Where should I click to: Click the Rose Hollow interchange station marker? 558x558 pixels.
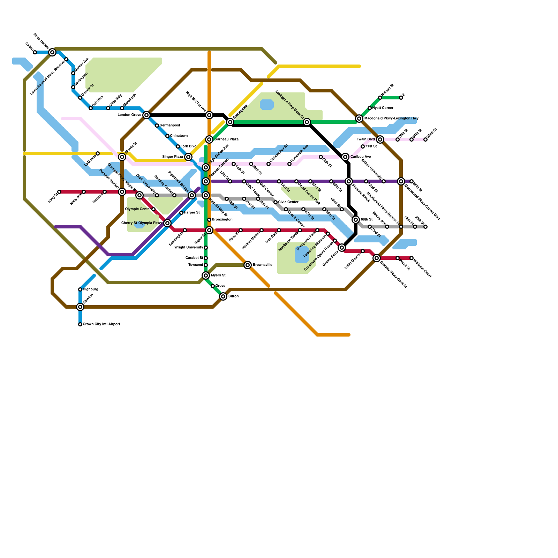[52, 52]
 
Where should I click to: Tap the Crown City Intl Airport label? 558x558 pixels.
[101, 324]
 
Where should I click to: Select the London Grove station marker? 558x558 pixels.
[146, 115]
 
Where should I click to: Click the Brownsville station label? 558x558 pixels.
[262, 265]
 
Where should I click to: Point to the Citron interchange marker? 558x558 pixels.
[223, 296]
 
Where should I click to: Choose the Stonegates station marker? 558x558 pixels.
[230, 122]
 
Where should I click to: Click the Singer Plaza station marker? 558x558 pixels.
[188, 157]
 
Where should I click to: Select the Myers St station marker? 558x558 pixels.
[206, 276]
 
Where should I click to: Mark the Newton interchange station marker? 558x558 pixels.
[80, 307]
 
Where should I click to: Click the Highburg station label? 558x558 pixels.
[91, 289]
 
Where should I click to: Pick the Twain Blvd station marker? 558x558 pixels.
[380, 139]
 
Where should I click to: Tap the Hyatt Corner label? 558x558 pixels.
[383, 108]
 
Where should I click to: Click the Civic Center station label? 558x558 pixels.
[288, 202]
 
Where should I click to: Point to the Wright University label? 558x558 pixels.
[189, 248]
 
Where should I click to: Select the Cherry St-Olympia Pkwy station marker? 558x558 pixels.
[167, 223]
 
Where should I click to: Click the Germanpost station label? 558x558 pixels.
[170, 126]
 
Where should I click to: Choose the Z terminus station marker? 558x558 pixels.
[401, 98]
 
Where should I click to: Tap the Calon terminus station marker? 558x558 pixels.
[35, 52]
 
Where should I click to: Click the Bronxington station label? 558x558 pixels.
[222, 220]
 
